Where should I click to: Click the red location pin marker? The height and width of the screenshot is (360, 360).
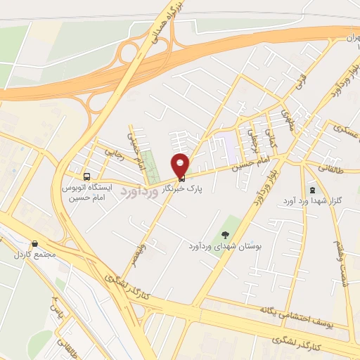point(181,164)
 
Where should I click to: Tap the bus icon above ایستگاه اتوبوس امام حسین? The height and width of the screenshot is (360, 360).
point(87,176)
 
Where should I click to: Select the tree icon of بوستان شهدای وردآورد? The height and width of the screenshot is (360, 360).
point(225,235)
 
